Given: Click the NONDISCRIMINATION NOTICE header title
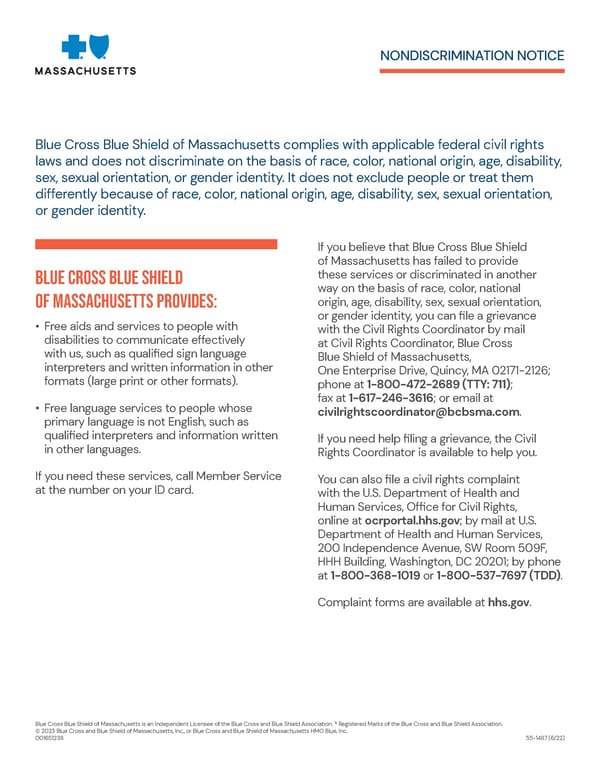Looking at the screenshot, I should tap(472, 55).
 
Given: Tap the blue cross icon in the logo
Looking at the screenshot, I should tap(74, 47).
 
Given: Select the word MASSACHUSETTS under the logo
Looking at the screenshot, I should tap(86, 71).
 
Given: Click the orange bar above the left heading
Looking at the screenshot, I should tap(155, 244).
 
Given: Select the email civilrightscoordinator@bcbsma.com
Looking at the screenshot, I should tap(418, 412).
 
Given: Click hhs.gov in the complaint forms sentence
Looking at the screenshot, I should tap(509, 603).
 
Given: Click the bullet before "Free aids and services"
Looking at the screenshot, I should tap(37, 326).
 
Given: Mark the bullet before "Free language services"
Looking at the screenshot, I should tap(37, 408).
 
